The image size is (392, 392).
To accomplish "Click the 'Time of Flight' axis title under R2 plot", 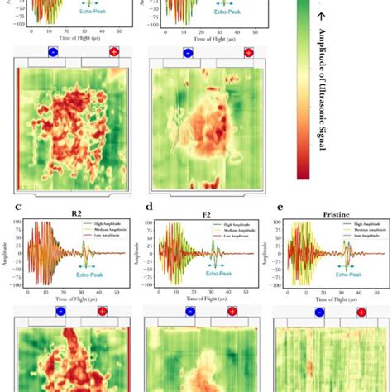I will pos(76,296).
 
